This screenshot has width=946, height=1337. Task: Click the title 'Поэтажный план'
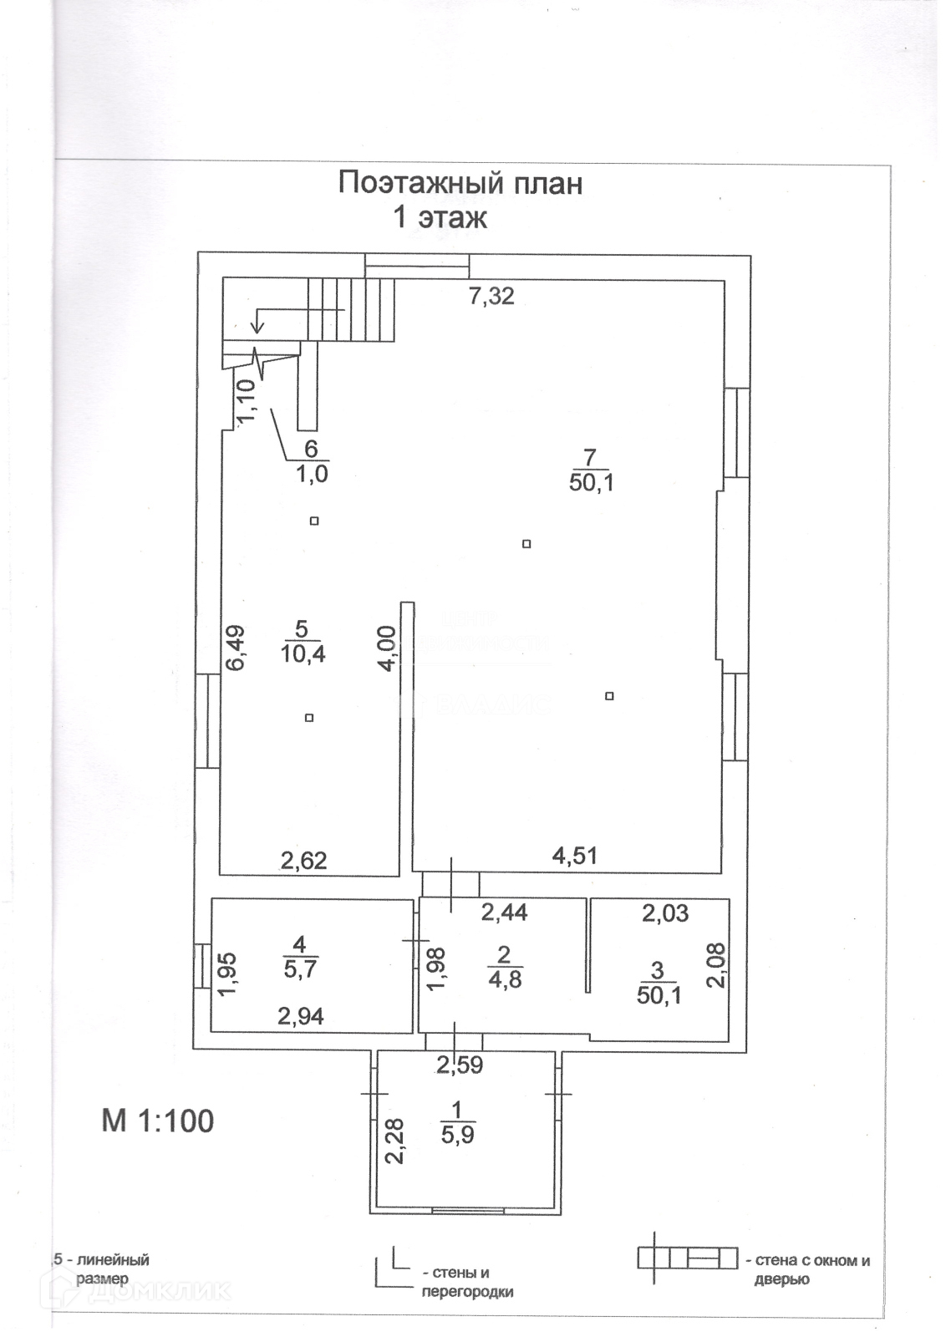[x=460, y=183]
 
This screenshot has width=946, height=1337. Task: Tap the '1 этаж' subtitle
[x=440, y=218]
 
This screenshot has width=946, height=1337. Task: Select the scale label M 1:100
[x=158, y=1121]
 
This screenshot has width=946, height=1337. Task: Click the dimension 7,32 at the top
[x=491, y=296]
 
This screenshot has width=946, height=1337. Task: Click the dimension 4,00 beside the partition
[x=386, y=648]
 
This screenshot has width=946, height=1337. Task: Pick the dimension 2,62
[x=303, y=860]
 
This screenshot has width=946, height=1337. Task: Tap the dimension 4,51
[x=574, y=855]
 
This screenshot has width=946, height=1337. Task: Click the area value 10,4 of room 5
[x=303, y=653]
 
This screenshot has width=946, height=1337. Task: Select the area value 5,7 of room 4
[x=299, y=969]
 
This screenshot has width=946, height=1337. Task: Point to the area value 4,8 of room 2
[x=504, y=979]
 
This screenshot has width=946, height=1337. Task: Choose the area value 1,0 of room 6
[x=311, y=474]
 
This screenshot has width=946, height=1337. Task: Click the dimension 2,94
[x=301, y=1016]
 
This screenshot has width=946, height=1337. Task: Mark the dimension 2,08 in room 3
[x=716, y=965]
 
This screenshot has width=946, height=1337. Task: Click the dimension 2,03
[x=665, y=913]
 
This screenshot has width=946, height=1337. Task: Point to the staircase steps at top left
[x=350, y=309]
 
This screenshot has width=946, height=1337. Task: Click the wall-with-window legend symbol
[x=687, y=1258]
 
